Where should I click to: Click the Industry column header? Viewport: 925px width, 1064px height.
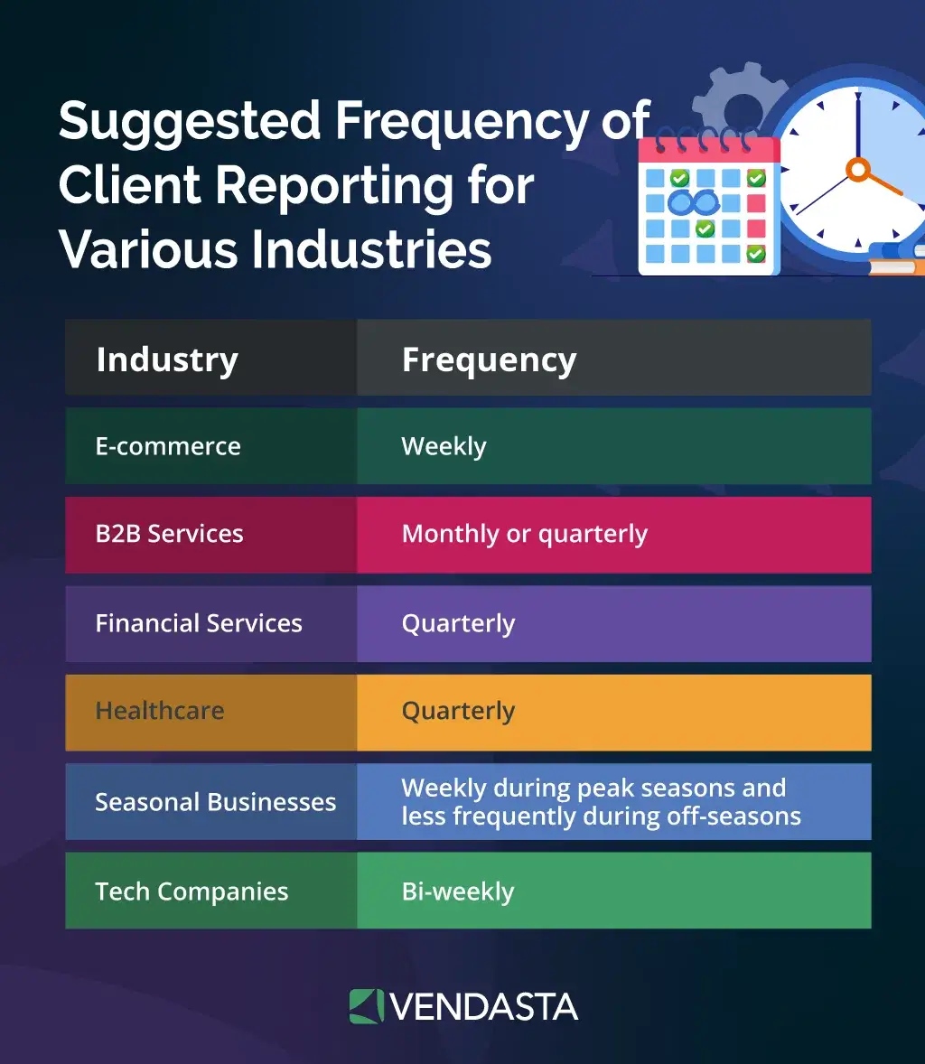point(167,359)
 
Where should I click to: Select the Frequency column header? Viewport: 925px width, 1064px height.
point(489,359)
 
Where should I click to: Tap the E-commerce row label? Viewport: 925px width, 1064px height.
point(168,446)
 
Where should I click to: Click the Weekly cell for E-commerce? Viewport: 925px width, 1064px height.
point(444,446)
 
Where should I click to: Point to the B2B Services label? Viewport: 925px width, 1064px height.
point(169,534)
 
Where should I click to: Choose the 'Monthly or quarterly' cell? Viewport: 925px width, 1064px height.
point(524,534)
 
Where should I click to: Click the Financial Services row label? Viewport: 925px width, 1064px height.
point(199,623)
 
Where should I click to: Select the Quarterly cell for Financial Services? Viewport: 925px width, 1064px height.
point(458,623)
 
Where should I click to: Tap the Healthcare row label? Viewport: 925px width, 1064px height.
point(160,711)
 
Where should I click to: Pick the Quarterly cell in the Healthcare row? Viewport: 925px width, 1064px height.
point(458,711)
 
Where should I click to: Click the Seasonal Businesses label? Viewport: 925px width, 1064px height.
point(215,802)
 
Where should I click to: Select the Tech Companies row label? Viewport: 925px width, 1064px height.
point(192,891)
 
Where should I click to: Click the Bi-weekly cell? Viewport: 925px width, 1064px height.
point(457,891)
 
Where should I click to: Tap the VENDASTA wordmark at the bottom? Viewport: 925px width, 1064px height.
point(484,1006)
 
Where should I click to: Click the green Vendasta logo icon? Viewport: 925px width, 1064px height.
point(366,1006)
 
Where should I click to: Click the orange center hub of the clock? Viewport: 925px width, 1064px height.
point(857,168)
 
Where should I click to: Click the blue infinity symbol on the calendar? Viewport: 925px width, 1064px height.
point(694,202)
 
